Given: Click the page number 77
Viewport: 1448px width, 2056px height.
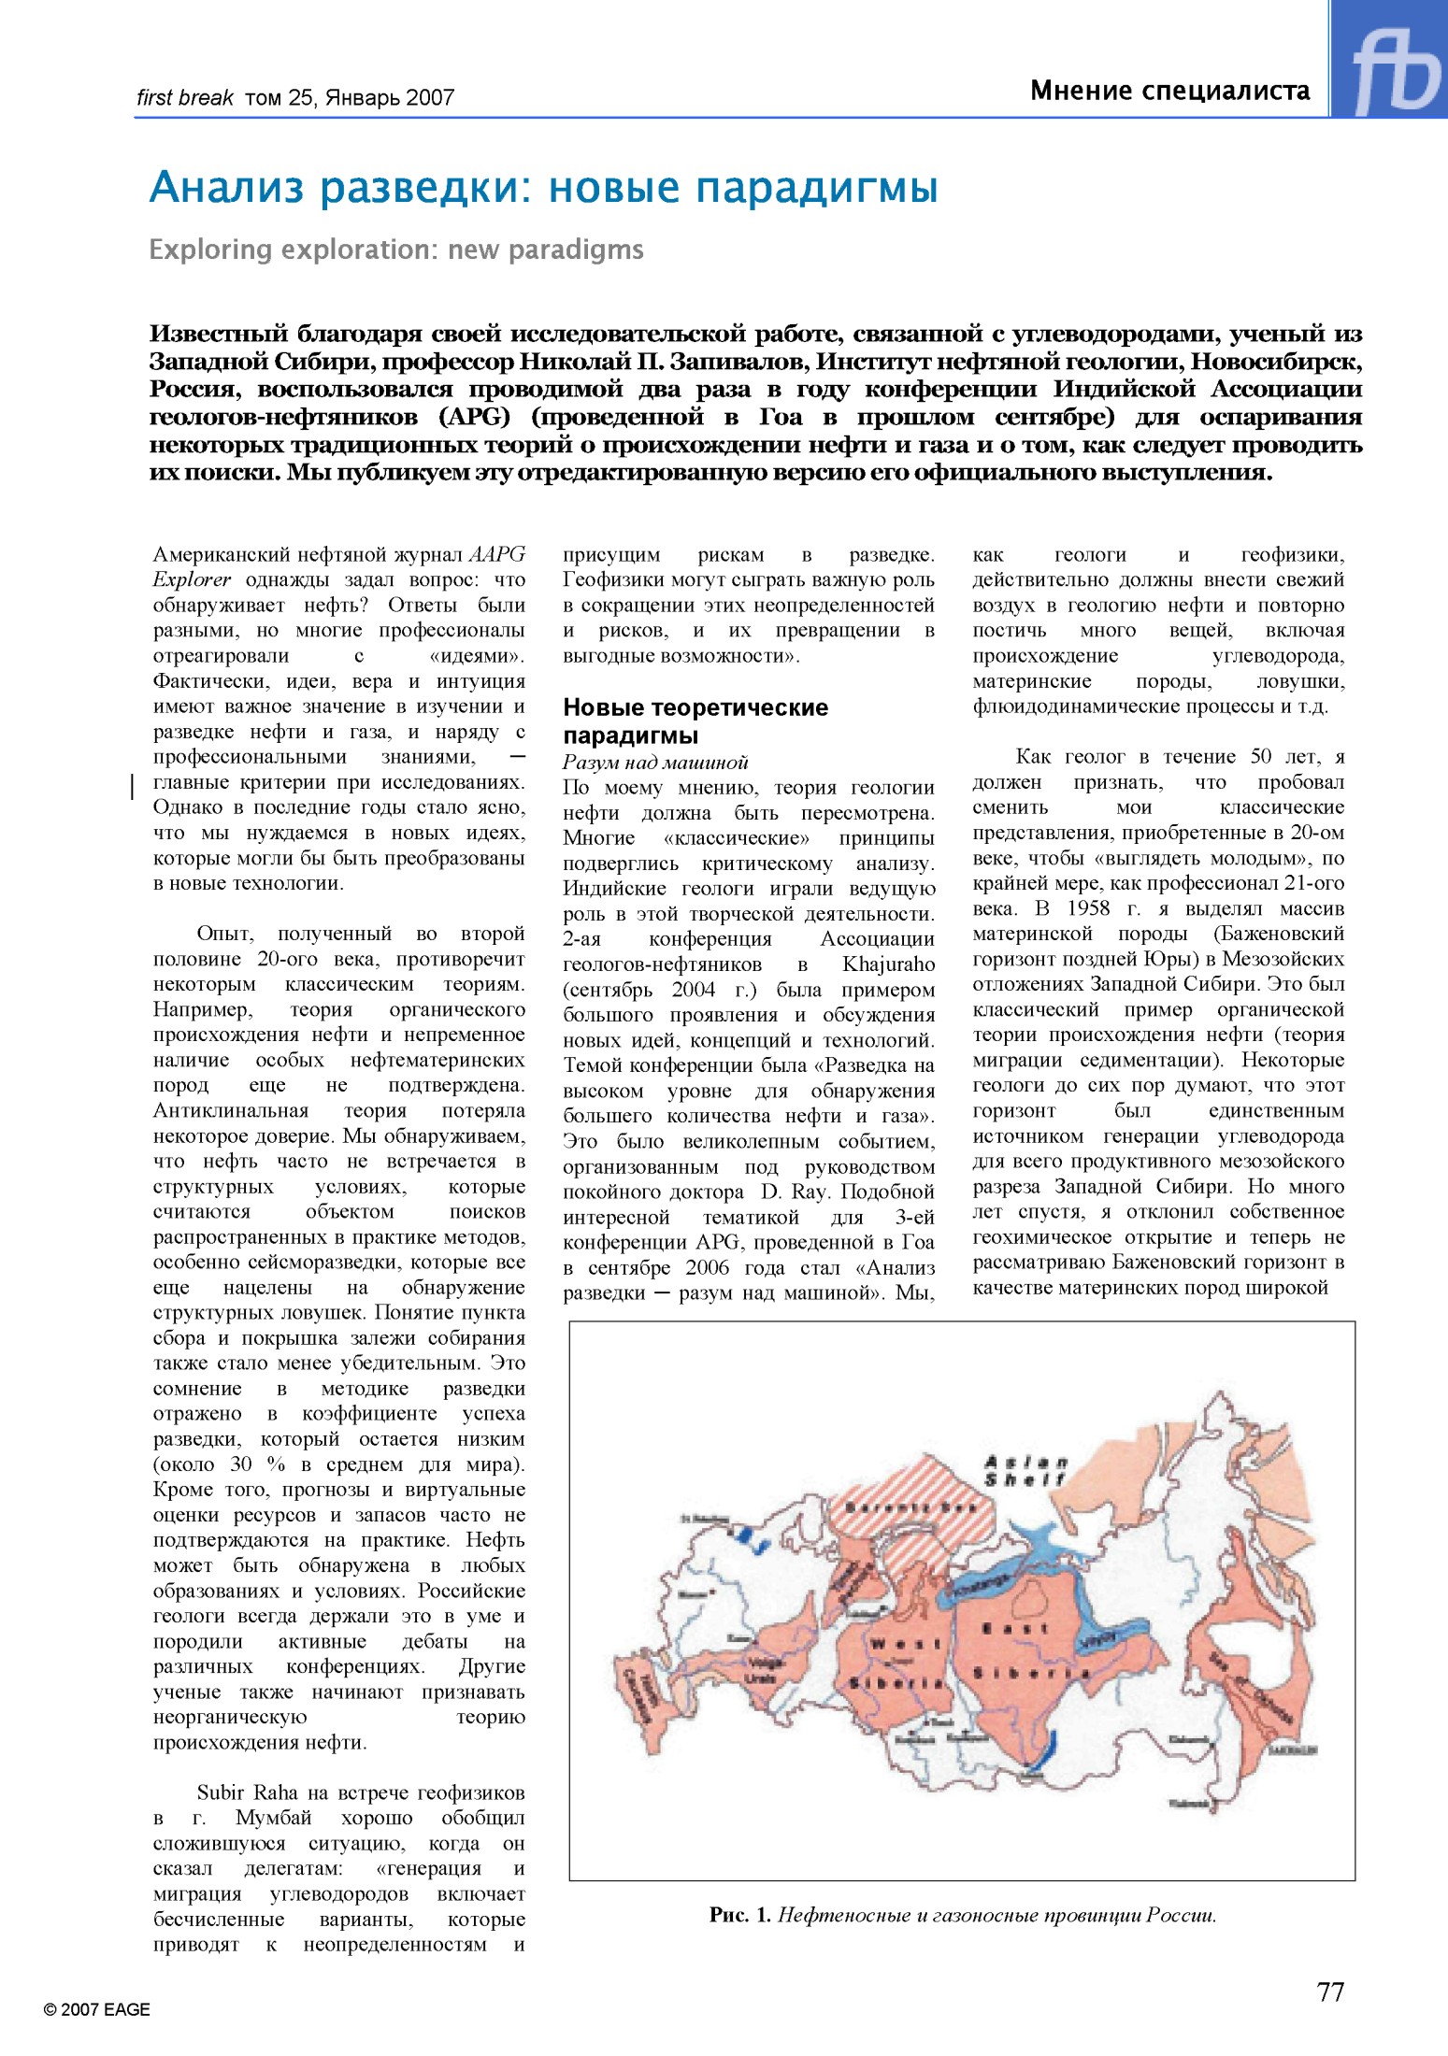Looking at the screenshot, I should tap(1330, 1992).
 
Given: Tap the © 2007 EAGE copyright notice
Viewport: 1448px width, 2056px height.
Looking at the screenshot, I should tap(96, 2010).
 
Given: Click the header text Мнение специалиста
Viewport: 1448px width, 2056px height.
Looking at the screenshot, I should tap(1169, 91).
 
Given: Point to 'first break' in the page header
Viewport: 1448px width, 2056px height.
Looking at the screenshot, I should tap(184, 97).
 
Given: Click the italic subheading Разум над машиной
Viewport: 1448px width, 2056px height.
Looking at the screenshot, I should tap(654, 762).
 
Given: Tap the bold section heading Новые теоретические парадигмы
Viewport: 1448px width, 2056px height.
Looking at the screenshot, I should tap(695, 721).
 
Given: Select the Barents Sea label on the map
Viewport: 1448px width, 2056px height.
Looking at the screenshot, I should tap(910, 1508).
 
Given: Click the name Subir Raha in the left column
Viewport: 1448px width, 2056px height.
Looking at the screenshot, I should tap(247, 1792).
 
